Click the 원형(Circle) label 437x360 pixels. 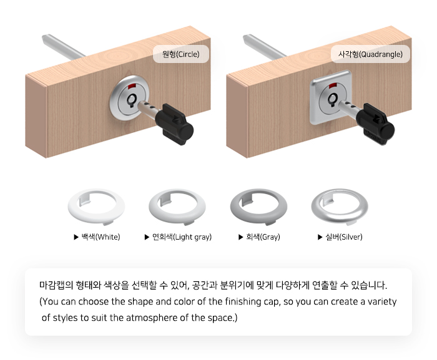181,54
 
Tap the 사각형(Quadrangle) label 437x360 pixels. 370,54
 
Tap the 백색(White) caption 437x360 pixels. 101,237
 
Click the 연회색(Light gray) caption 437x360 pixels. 182,237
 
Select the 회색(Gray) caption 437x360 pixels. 263,237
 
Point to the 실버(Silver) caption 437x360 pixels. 344,237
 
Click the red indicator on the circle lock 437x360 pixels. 132,86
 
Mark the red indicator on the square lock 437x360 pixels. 333,85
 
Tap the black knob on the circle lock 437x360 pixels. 175,124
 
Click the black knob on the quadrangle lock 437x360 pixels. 376,124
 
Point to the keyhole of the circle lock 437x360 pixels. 132,100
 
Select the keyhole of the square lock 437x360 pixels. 333,100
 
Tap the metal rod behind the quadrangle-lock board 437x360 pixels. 264,46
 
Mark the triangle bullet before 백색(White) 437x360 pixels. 76,237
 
